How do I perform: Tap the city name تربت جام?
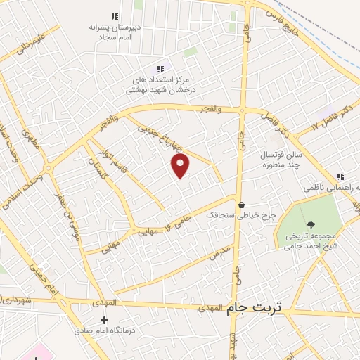(x=257, y=308)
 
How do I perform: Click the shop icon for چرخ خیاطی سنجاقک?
(x=241, y=205)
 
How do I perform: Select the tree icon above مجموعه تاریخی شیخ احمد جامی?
(x=311, y=224)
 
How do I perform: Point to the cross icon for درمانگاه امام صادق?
(x=104, y=320)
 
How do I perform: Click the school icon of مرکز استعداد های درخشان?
(x=160, y=69)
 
